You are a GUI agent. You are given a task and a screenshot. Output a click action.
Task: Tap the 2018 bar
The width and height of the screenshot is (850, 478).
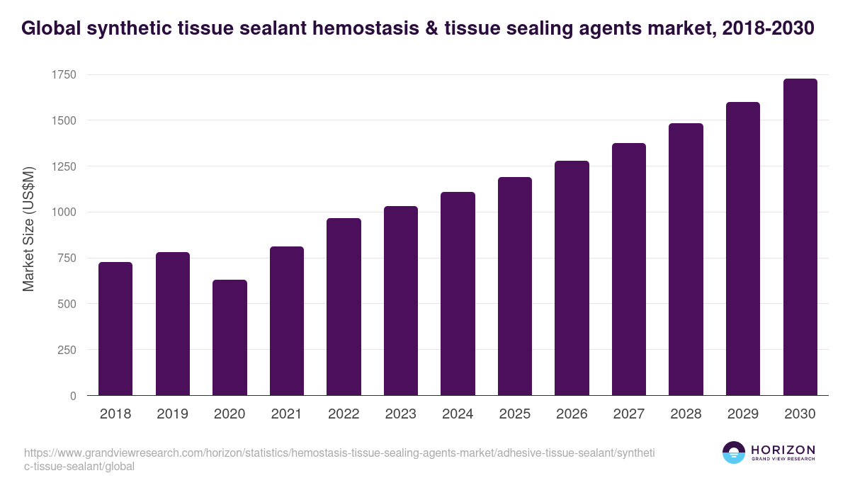tap(115, 329)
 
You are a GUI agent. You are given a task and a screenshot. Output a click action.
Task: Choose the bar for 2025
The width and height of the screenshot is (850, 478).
tap(515, 286)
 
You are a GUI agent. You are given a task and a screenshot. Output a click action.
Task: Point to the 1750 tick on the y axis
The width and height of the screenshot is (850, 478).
tap(64, 75)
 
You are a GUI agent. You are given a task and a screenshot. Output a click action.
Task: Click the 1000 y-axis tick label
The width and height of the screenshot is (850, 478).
tap(64, 212)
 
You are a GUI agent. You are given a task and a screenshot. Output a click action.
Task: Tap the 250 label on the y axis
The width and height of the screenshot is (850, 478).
tap(67, 350)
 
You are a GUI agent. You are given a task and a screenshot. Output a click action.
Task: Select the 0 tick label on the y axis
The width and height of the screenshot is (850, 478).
tap(74, 396)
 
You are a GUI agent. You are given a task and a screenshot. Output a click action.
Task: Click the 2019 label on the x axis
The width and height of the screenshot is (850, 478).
tap(172, 414)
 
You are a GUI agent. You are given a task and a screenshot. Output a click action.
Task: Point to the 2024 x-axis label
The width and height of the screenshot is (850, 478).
tap(458, 414)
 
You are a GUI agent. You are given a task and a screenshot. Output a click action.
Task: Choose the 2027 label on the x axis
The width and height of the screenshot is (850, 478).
tap(629, 414)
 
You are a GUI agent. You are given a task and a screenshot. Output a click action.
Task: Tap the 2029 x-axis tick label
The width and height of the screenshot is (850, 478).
tap(743, 414)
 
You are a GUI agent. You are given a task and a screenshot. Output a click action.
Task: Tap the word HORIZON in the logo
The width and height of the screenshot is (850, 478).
tap(783, 450)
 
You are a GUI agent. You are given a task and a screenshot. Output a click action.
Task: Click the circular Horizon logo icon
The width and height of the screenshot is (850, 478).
tap(733, 453)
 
